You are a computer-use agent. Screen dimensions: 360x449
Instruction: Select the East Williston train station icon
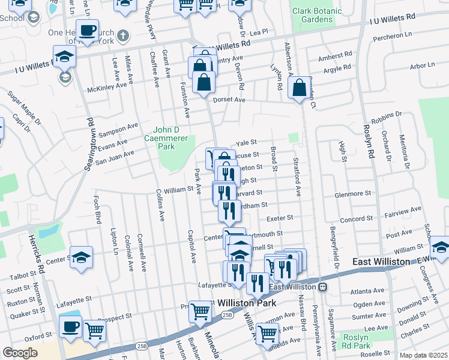tap(323, 287)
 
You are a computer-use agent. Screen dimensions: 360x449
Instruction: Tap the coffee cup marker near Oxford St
tap(71, 327)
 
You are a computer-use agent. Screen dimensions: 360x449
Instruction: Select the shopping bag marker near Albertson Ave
tap(299, 89)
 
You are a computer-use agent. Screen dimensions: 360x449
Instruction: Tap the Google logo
tap(20, 353)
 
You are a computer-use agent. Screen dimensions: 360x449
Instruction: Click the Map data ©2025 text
tap(424, 355)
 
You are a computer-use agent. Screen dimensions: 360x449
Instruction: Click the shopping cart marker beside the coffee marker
tap(94, 330)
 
